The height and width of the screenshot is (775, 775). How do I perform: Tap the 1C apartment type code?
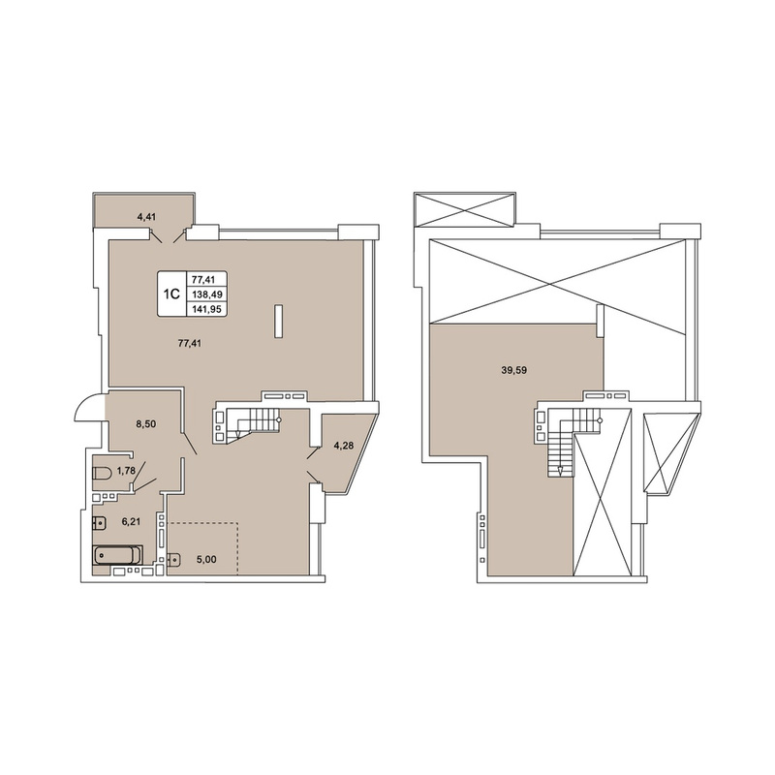(171, 294)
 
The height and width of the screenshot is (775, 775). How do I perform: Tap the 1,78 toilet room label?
(126, 471)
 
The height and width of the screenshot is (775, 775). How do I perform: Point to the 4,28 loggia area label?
(345, 445)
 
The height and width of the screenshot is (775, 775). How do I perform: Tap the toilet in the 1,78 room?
(102, 473)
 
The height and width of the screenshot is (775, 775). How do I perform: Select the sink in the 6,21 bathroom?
(99, 521)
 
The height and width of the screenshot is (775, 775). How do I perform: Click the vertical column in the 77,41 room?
(279, 322)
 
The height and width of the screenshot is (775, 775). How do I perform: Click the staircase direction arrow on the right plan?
(560, 471)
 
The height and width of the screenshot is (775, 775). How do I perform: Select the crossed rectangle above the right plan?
(465, 209)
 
